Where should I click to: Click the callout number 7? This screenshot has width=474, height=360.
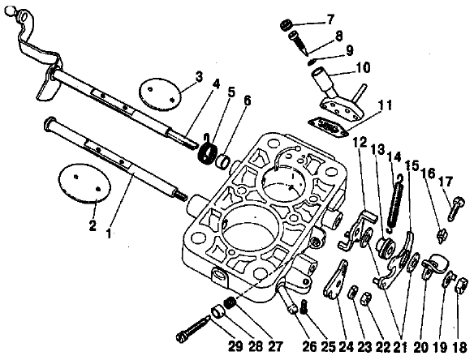(330, 19)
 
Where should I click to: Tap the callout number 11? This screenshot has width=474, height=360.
(384, 105)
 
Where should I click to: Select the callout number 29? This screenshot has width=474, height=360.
(235, 346)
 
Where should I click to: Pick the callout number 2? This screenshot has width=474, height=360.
(93, 225)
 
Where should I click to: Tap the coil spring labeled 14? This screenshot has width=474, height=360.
(396, 204)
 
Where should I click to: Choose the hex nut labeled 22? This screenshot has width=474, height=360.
(366, 298)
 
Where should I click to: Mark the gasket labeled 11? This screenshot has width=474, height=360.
(328, 127)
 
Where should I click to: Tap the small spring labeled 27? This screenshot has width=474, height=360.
(230, 302)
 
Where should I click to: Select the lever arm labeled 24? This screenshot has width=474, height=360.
(335, 280)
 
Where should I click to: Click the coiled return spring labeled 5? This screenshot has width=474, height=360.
(207, 151)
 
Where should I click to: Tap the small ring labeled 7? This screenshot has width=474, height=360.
(286, 25)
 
